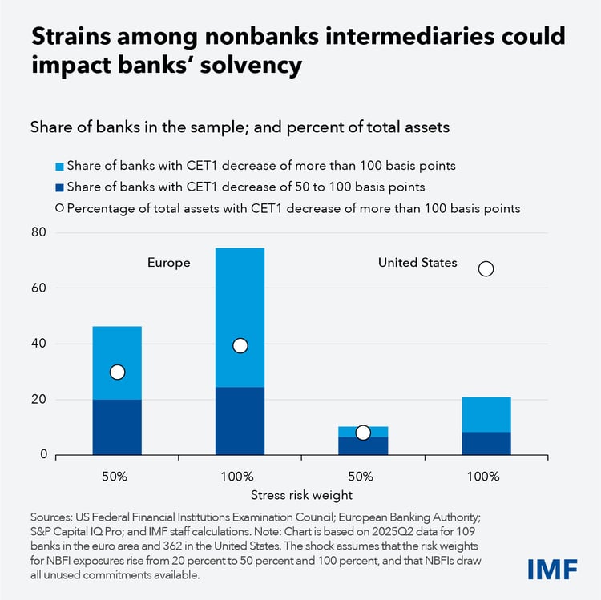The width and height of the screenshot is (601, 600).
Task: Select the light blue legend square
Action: click(58, 166)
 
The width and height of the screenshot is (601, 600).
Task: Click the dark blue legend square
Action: click(58, 187)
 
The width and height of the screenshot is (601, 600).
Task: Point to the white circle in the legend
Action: click(58, 208)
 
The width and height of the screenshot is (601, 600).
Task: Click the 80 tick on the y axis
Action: click(38, 232)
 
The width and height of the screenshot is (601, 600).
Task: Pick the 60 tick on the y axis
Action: click(38, 288)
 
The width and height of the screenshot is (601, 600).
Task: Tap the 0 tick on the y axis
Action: click(42, 455)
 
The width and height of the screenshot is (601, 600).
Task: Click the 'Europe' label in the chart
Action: click(168, 263)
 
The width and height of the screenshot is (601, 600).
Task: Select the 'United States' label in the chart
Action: click(417, 263)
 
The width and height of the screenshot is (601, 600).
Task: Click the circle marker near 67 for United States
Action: click(486, 269)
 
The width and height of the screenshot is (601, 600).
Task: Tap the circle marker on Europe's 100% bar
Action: click(240, 345)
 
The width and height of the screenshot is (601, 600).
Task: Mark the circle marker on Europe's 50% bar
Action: click(117, 372)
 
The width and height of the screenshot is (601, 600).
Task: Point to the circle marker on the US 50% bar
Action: click(362, 433)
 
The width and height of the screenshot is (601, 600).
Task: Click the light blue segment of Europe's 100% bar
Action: click(240, 304)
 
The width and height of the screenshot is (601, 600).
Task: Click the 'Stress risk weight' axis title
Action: click(300, 494)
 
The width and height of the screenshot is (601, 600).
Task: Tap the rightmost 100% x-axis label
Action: click(486, 476)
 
